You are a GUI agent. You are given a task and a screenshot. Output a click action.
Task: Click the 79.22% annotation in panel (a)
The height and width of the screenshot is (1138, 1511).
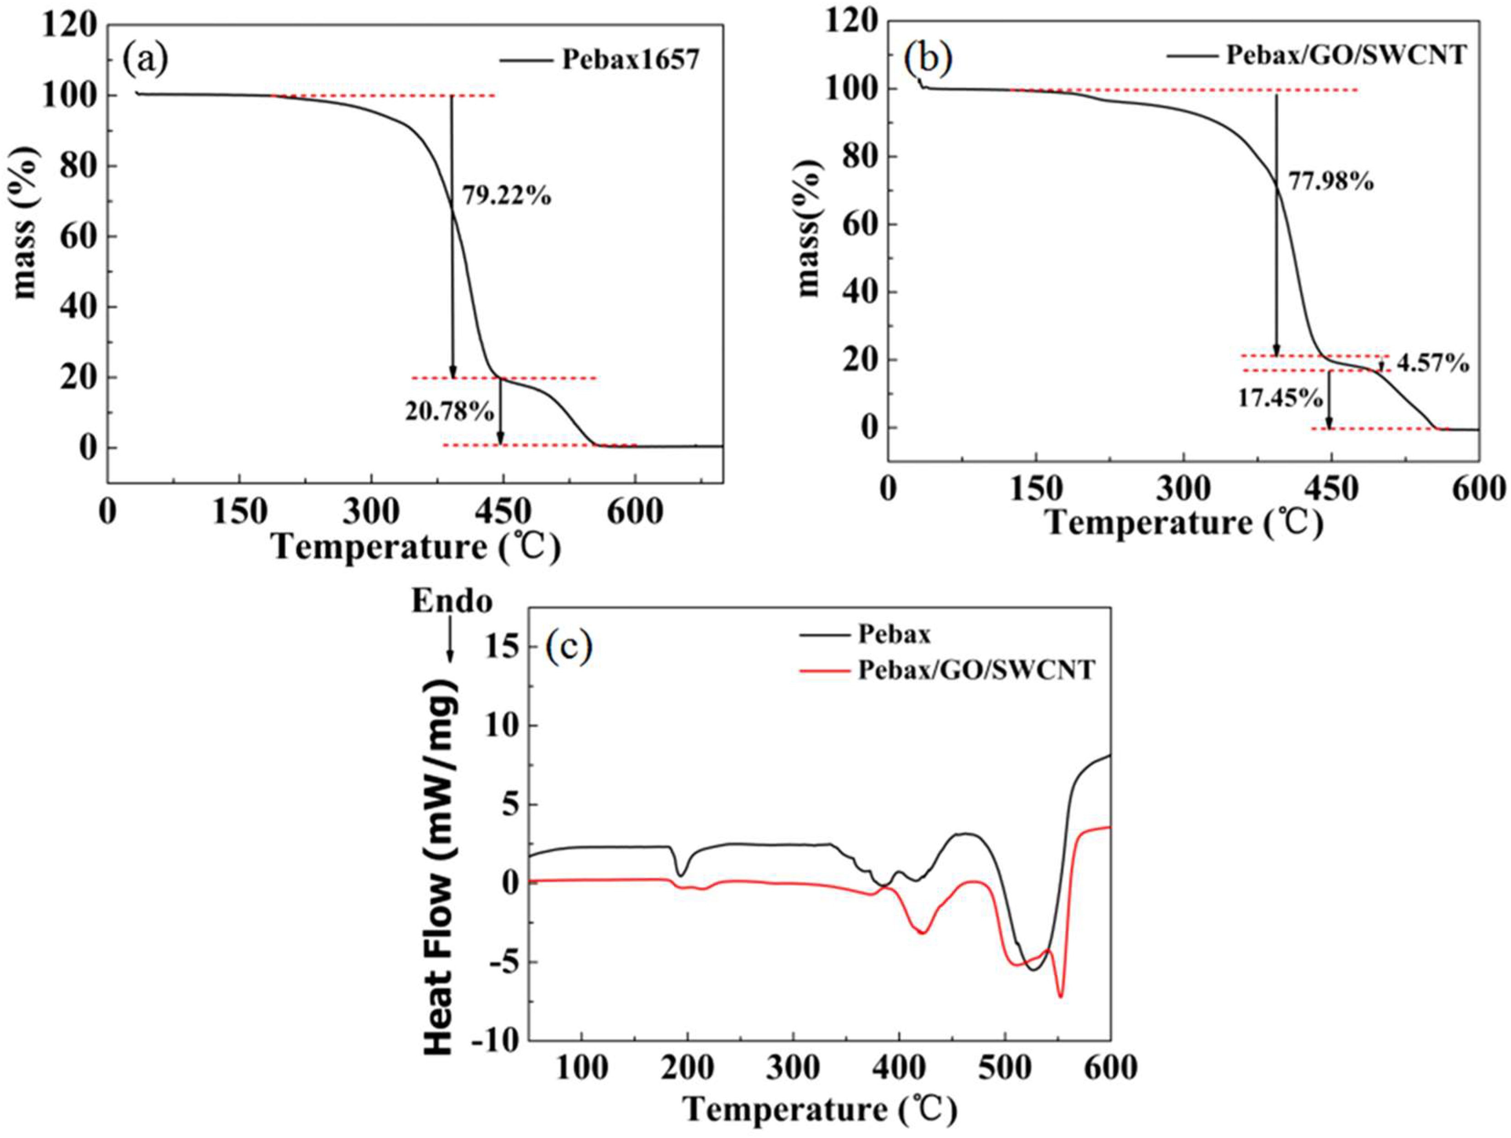click(506, 197)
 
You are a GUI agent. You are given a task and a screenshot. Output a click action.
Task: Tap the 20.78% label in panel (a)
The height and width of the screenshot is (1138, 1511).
click(449, 411)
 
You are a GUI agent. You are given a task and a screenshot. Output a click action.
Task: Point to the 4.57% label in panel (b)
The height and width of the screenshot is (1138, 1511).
click(1432, 364)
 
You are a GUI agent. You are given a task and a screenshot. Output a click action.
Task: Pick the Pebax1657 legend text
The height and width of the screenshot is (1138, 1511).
click(631, 60)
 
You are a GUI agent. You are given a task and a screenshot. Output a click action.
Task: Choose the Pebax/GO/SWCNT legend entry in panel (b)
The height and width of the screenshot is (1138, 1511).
click(1346, 55)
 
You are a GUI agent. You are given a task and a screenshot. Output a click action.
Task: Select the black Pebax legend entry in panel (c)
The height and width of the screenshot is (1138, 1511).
click(894, 635)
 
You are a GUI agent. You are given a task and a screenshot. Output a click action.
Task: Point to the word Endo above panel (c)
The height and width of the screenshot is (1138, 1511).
click(452, 601)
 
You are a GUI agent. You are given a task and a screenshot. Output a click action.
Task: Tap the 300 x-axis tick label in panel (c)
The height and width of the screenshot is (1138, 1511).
click(792, 1068)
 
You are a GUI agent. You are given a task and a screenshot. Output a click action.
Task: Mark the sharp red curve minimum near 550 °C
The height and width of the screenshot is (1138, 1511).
click(1060, 996)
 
